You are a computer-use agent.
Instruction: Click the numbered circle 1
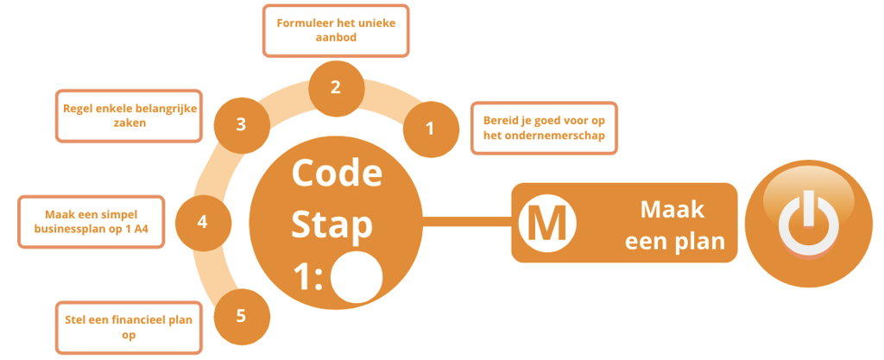point(430,129)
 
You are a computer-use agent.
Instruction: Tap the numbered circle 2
point(336,86)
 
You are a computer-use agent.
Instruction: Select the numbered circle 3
point(241,123)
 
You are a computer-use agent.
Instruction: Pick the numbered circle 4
point(202,222)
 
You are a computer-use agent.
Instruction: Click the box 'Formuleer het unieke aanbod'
point(336,30)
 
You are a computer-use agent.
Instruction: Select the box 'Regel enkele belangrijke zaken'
point(129,116)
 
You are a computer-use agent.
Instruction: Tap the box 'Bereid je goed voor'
point(543,127)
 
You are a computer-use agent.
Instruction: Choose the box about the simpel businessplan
point(91,221)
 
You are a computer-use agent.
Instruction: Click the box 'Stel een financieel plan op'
point(129,327)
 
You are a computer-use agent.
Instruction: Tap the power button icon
point(808,222)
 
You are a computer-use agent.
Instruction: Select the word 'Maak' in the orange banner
point(672,209)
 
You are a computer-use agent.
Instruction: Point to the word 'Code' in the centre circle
point(337,173)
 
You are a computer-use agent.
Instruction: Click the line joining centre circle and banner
point(466,223)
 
